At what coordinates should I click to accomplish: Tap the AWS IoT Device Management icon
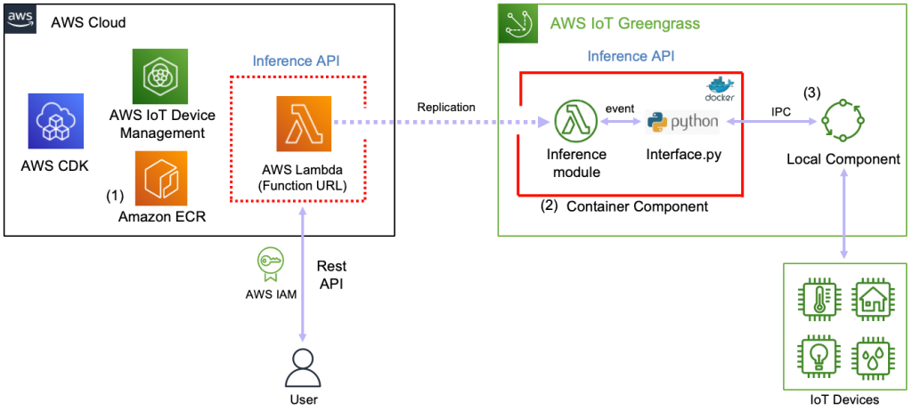(x=159, y=77)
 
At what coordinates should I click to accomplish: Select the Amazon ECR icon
(x=160, y=178)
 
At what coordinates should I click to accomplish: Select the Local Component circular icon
(x=843, y=120)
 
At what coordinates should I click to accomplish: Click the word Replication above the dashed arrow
(x=445, y=107)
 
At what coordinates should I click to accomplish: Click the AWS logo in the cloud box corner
(x=20, y=19)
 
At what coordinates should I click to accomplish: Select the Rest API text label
(x=332, y=275)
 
